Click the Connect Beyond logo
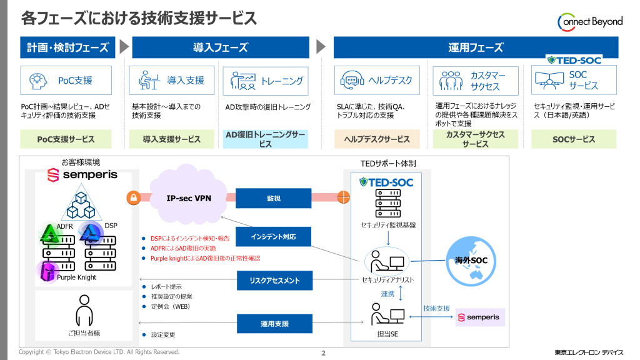pos(589,22)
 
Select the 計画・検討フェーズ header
pos(67,47)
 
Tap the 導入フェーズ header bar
pos(220,47)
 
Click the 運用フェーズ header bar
pos(475,47)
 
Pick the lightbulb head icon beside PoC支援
pos(39,80)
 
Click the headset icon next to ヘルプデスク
pos(352,80)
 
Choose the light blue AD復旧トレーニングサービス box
pos(265,139)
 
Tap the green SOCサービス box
pos(574,139)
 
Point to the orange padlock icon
pos(132,198)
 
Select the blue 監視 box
pos(273,198)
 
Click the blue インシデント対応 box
pos(273,237)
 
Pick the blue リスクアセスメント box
pos(273,281)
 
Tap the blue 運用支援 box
pos(273,324)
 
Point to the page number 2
pos(323,353)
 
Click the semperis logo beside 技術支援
pos(479,317)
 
